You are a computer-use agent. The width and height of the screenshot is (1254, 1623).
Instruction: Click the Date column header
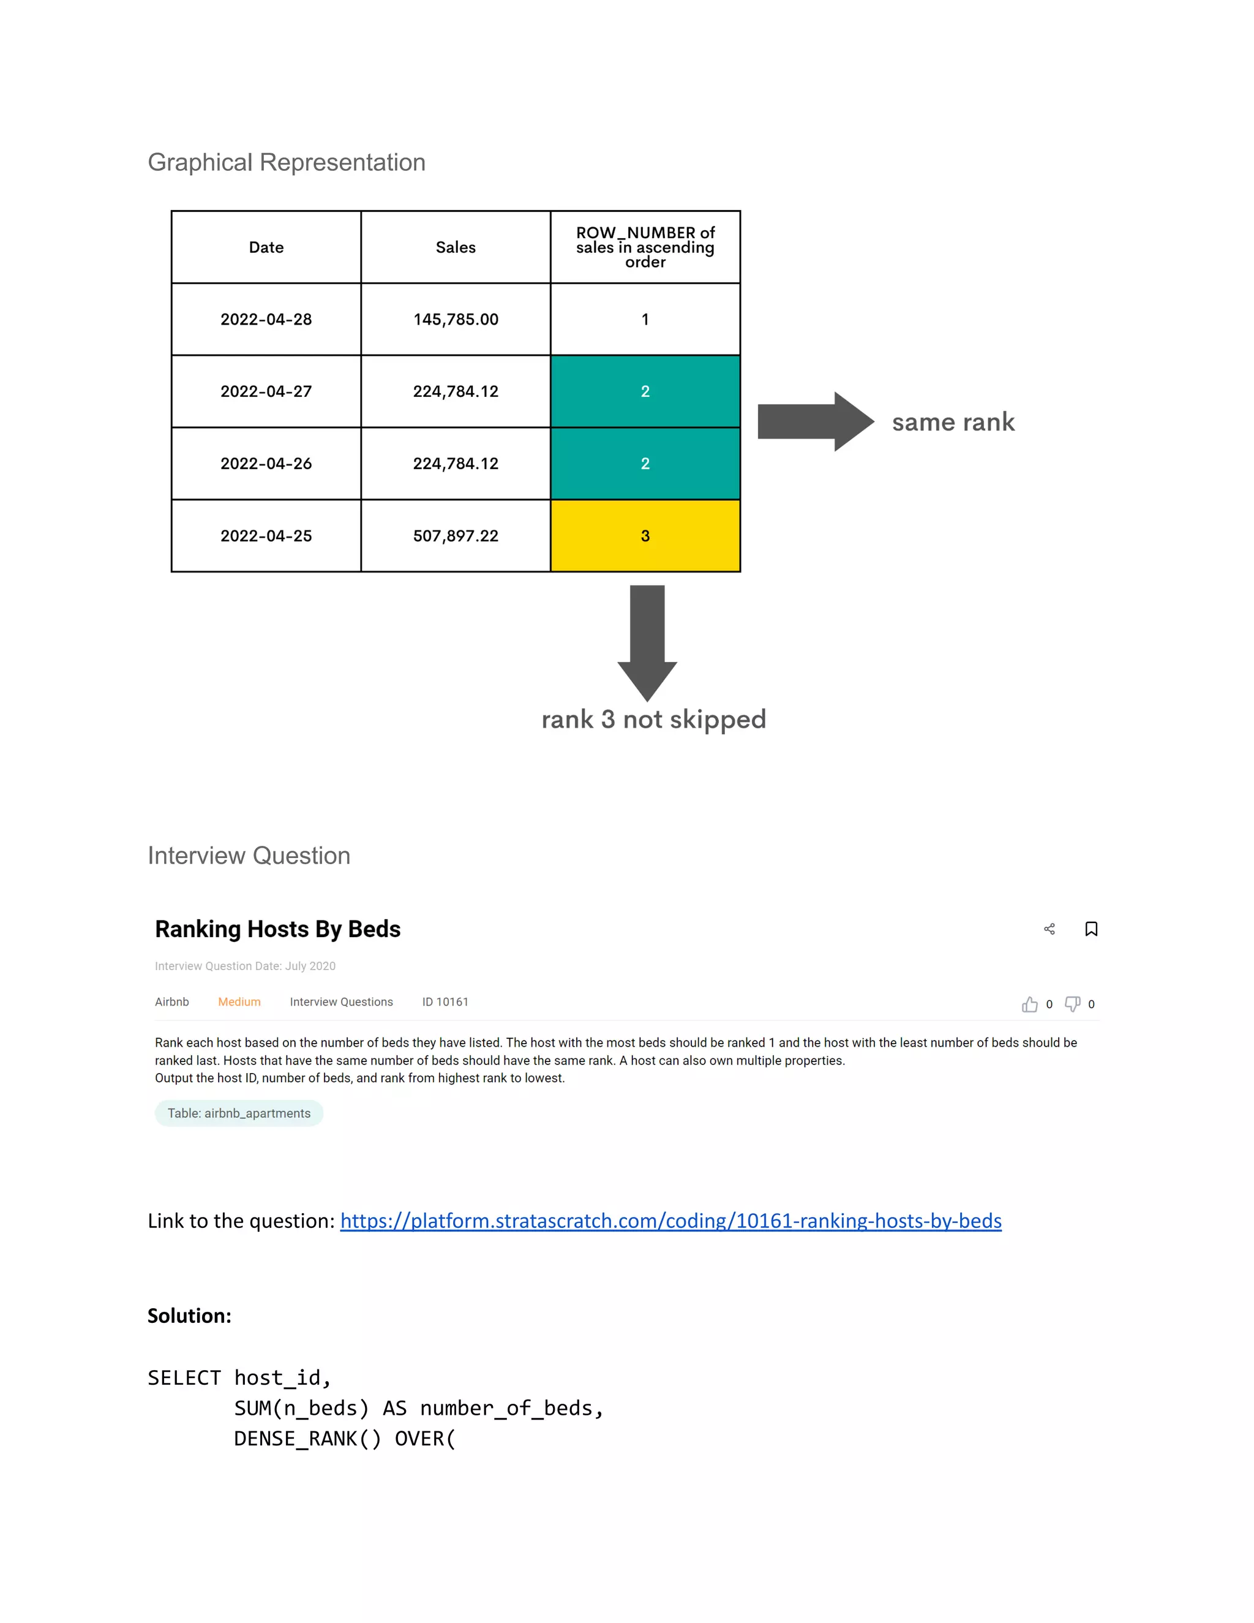tap(266, 247)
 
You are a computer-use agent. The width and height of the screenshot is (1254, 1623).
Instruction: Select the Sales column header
tap(456, 247)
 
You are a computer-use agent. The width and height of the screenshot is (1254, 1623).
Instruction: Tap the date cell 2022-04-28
tap(266, 320)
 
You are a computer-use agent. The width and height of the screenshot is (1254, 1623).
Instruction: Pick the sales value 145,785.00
tap(456, 320)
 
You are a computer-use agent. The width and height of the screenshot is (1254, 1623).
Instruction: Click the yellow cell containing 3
tap(645, 536)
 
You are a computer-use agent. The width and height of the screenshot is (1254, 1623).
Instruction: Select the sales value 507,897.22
tap(456, 536)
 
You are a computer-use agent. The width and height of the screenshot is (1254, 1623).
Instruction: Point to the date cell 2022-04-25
tap(266, 536)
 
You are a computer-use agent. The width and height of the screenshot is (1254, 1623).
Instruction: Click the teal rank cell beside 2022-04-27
tap(645, 391)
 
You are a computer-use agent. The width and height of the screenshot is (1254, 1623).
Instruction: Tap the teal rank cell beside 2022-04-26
tap(645, 464)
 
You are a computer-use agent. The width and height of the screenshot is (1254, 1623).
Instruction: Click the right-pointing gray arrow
tap(815, 421)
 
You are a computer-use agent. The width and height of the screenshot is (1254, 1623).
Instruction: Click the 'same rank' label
tap(953, 422)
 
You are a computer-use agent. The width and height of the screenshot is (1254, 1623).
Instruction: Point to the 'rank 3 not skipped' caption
tap(653, 720)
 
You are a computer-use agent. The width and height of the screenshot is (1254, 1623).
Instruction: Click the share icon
tap(1049, 929)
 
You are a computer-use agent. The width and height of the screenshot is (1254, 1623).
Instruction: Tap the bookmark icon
tap(1091, 929)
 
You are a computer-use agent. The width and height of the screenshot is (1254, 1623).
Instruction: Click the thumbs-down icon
tap(1072, 1004)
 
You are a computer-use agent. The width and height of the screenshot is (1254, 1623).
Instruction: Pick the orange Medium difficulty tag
tap(239, 1002)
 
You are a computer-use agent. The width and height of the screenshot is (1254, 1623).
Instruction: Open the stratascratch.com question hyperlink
tap(670, 1221)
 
